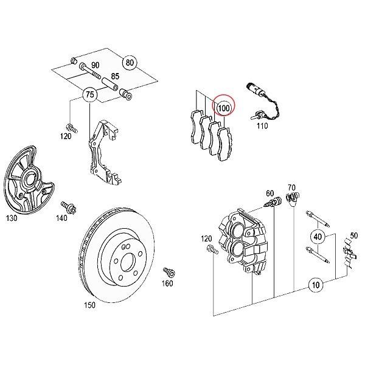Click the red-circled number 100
pos(224,108)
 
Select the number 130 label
pos(12,217)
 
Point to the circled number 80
pos(128,63)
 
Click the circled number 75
pos(89,95)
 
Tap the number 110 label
pos(262,127)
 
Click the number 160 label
pos(167,283)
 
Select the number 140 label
pos(62,217)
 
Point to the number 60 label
pos(270,193)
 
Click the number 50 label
pos(354,235)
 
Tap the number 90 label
pos(95,65)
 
